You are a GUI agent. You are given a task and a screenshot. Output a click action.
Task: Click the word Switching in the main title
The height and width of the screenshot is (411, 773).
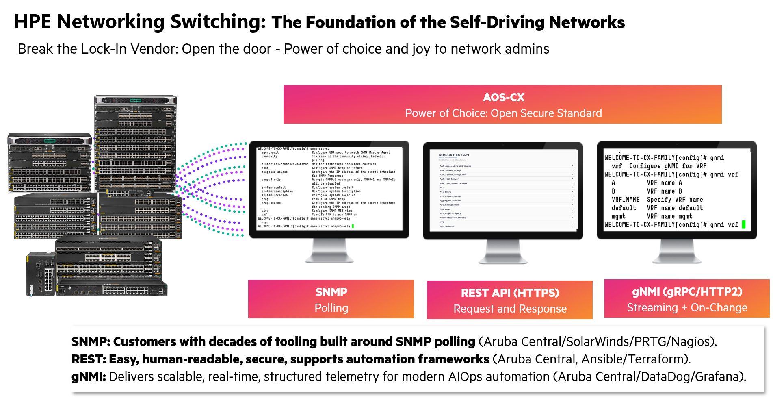click(x=218, y=22)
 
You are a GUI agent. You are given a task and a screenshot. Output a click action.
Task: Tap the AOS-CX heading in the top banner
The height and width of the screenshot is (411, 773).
click(x=503, y=98)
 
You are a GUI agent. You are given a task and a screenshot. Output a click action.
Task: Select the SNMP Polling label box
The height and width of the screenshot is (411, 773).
click(x=331, y=299)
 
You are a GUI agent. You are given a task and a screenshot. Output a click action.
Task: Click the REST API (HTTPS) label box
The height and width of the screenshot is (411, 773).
click(x=509, y=300)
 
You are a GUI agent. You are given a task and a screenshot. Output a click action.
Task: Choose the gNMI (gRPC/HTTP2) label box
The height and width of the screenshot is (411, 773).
click(x=686, y=299)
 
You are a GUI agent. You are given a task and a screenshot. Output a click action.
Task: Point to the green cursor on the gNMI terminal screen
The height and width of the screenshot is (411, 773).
click(x=743, y=224)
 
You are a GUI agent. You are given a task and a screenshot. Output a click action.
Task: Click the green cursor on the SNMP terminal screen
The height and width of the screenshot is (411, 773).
click(x=353, y=226)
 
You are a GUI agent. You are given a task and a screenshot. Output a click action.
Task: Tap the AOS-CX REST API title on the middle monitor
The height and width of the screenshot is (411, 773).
click(x=454, y=155)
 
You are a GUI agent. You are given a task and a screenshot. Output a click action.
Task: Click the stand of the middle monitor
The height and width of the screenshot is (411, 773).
click(x=503, y=252)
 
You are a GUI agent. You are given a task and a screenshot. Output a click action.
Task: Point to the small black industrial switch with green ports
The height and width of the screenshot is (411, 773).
click(x=41, y=273)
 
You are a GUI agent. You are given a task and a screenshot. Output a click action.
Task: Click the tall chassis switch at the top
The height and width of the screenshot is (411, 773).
click(x=136, y=142)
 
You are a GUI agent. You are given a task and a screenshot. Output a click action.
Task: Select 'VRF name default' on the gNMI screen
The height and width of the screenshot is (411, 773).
click(x=675, y=208)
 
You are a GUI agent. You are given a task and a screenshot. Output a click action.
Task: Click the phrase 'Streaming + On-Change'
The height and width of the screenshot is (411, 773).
click(x=687, y=308)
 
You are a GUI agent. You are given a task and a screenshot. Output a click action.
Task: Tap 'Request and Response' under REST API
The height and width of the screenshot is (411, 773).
click(x=510, y=309)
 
